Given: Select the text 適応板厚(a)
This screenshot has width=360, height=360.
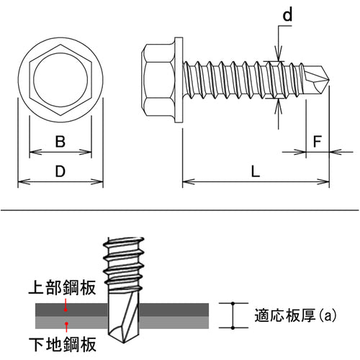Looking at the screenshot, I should coord(295,315).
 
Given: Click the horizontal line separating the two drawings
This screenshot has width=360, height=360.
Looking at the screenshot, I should coord(180,211).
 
